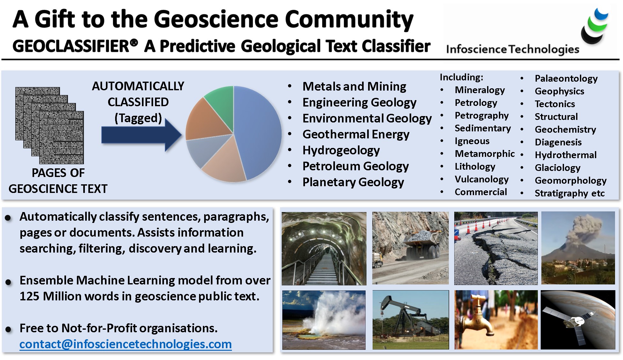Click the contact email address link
[125, 344]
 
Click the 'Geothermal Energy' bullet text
[356, 134]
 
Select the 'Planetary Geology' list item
[353, 182]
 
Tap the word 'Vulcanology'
[481, 179]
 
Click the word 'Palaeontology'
[566, 78]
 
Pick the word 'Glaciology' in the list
[557, 168]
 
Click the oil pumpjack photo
[411, 320]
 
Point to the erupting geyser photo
[324, 320]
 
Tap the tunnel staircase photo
[324, 248]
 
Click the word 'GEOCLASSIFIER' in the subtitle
[71, 46]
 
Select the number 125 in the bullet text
[29, 297]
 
